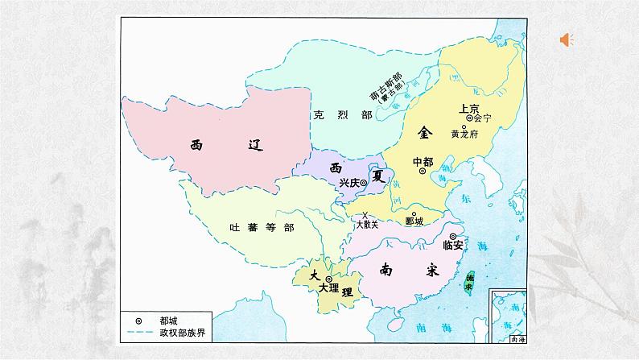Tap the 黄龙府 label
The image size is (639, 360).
[465, 134]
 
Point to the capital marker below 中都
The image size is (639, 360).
[423, 172]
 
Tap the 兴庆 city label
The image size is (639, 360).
[348, 183]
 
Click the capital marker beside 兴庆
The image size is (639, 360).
[364, 183]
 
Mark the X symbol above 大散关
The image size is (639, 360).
[365, 214]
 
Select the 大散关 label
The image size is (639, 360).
[366, 225]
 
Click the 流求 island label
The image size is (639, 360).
[469, 280]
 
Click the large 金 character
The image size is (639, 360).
[425, 131]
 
